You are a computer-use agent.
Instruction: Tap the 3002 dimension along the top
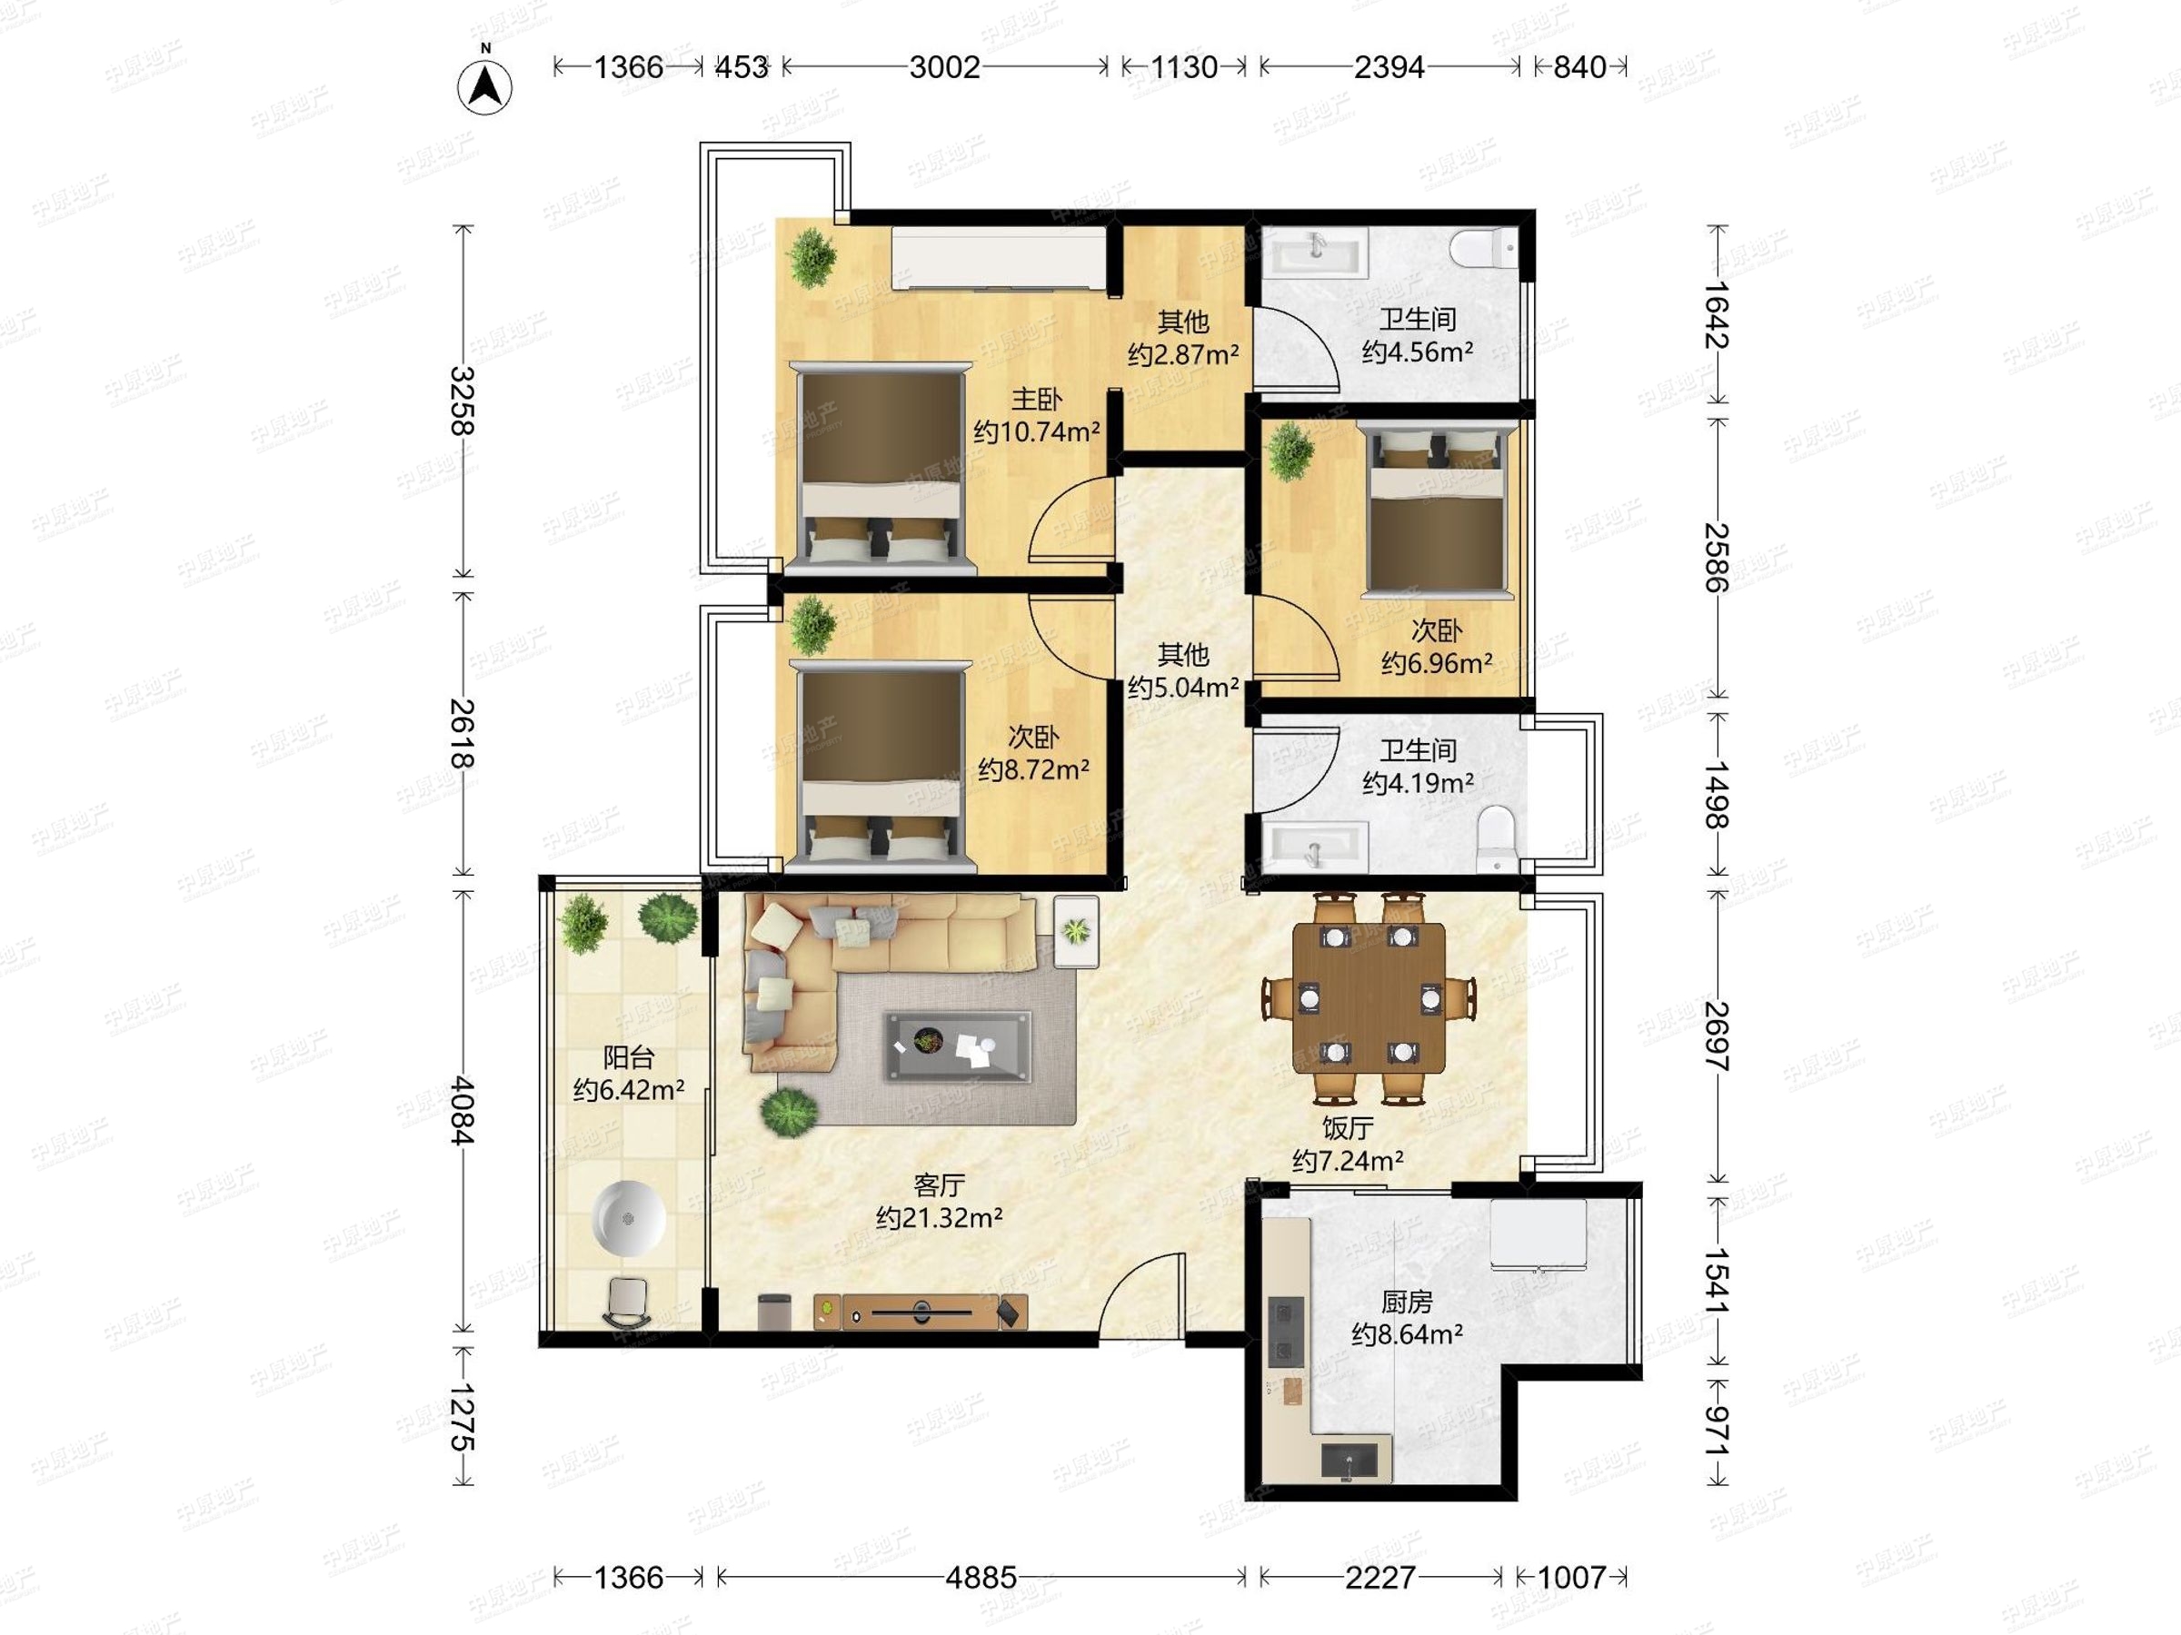point(944,67)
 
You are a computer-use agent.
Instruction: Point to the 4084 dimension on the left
point(462,1111)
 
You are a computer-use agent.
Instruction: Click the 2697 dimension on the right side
point(1717,1035)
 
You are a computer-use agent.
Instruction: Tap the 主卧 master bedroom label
point(1036,399)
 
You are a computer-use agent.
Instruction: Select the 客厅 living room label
point(939,1184)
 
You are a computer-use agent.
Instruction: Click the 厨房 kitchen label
point(1406,1302)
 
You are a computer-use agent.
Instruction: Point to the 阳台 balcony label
point(628,1057)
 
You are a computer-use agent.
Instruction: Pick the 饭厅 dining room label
point(1347,1127)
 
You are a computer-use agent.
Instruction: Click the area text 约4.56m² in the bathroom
point(1417,352)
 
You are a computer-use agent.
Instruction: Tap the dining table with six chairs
point(1370,997)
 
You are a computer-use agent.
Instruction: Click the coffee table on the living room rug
point(959,1046)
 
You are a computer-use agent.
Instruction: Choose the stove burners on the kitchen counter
point(1285,1331)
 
